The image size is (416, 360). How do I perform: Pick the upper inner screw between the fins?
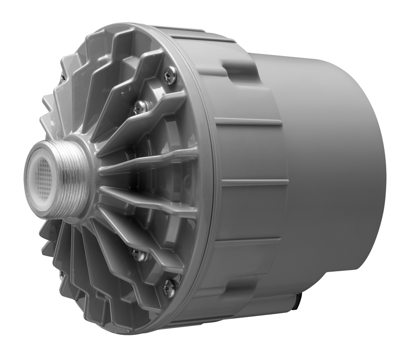point(141,107)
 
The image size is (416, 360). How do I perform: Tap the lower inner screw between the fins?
point(140,255)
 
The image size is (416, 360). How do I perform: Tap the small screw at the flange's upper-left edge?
point(63,78)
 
